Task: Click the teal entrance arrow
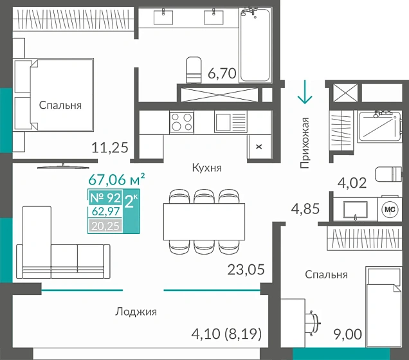tap(304, 92)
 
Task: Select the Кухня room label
tap(206, 168)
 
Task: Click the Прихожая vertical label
tap(305, 143)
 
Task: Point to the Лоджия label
tap(136, 312)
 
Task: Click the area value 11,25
tap(110, 148)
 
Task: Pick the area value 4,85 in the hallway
tap(305, 209)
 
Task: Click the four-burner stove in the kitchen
tap(182, 122)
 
